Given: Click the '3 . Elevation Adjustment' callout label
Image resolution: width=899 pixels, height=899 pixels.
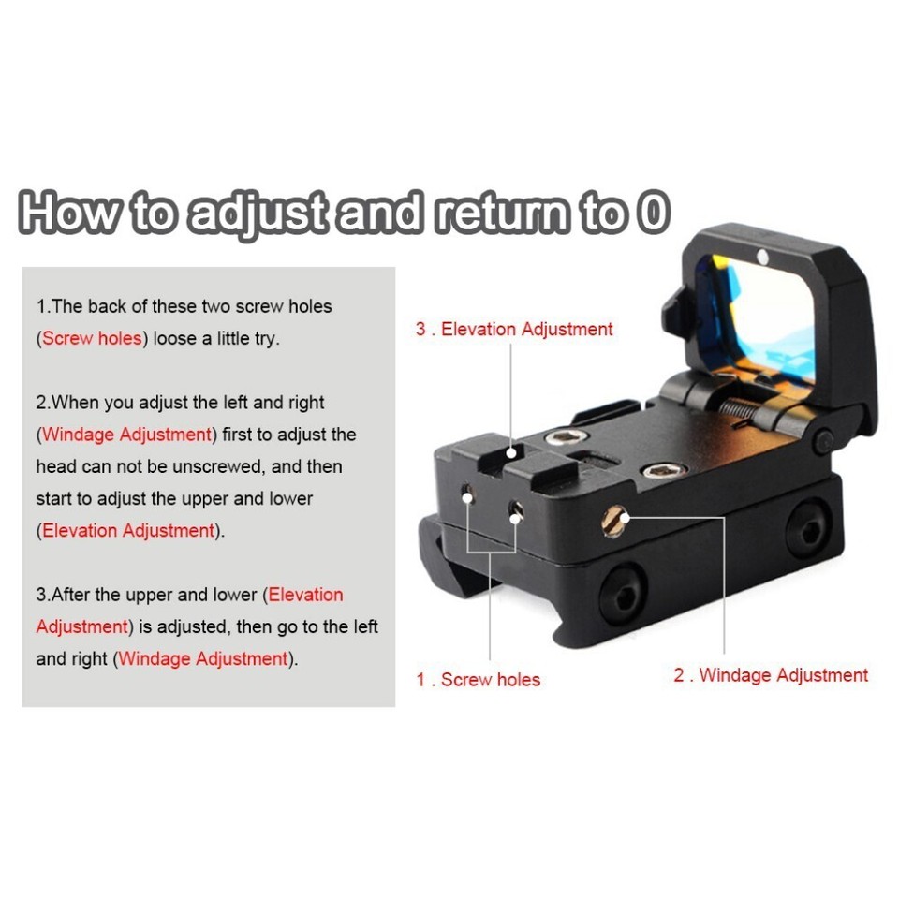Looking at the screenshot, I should coord(514,329).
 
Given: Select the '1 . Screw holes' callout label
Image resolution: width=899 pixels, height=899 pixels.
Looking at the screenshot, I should coord(479,680).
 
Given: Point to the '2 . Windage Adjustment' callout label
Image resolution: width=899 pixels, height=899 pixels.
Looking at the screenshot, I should coord(771,675).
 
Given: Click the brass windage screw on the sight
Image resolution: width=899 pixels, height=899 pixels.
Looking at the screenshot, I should coord(615,521).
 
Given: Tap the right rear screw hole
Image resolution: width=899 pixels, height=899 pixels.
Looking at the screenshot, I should coord(515,509).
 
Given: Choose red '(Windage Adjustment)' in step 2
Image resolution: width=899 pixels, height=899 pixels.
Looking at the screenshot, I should coord(126,435).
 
